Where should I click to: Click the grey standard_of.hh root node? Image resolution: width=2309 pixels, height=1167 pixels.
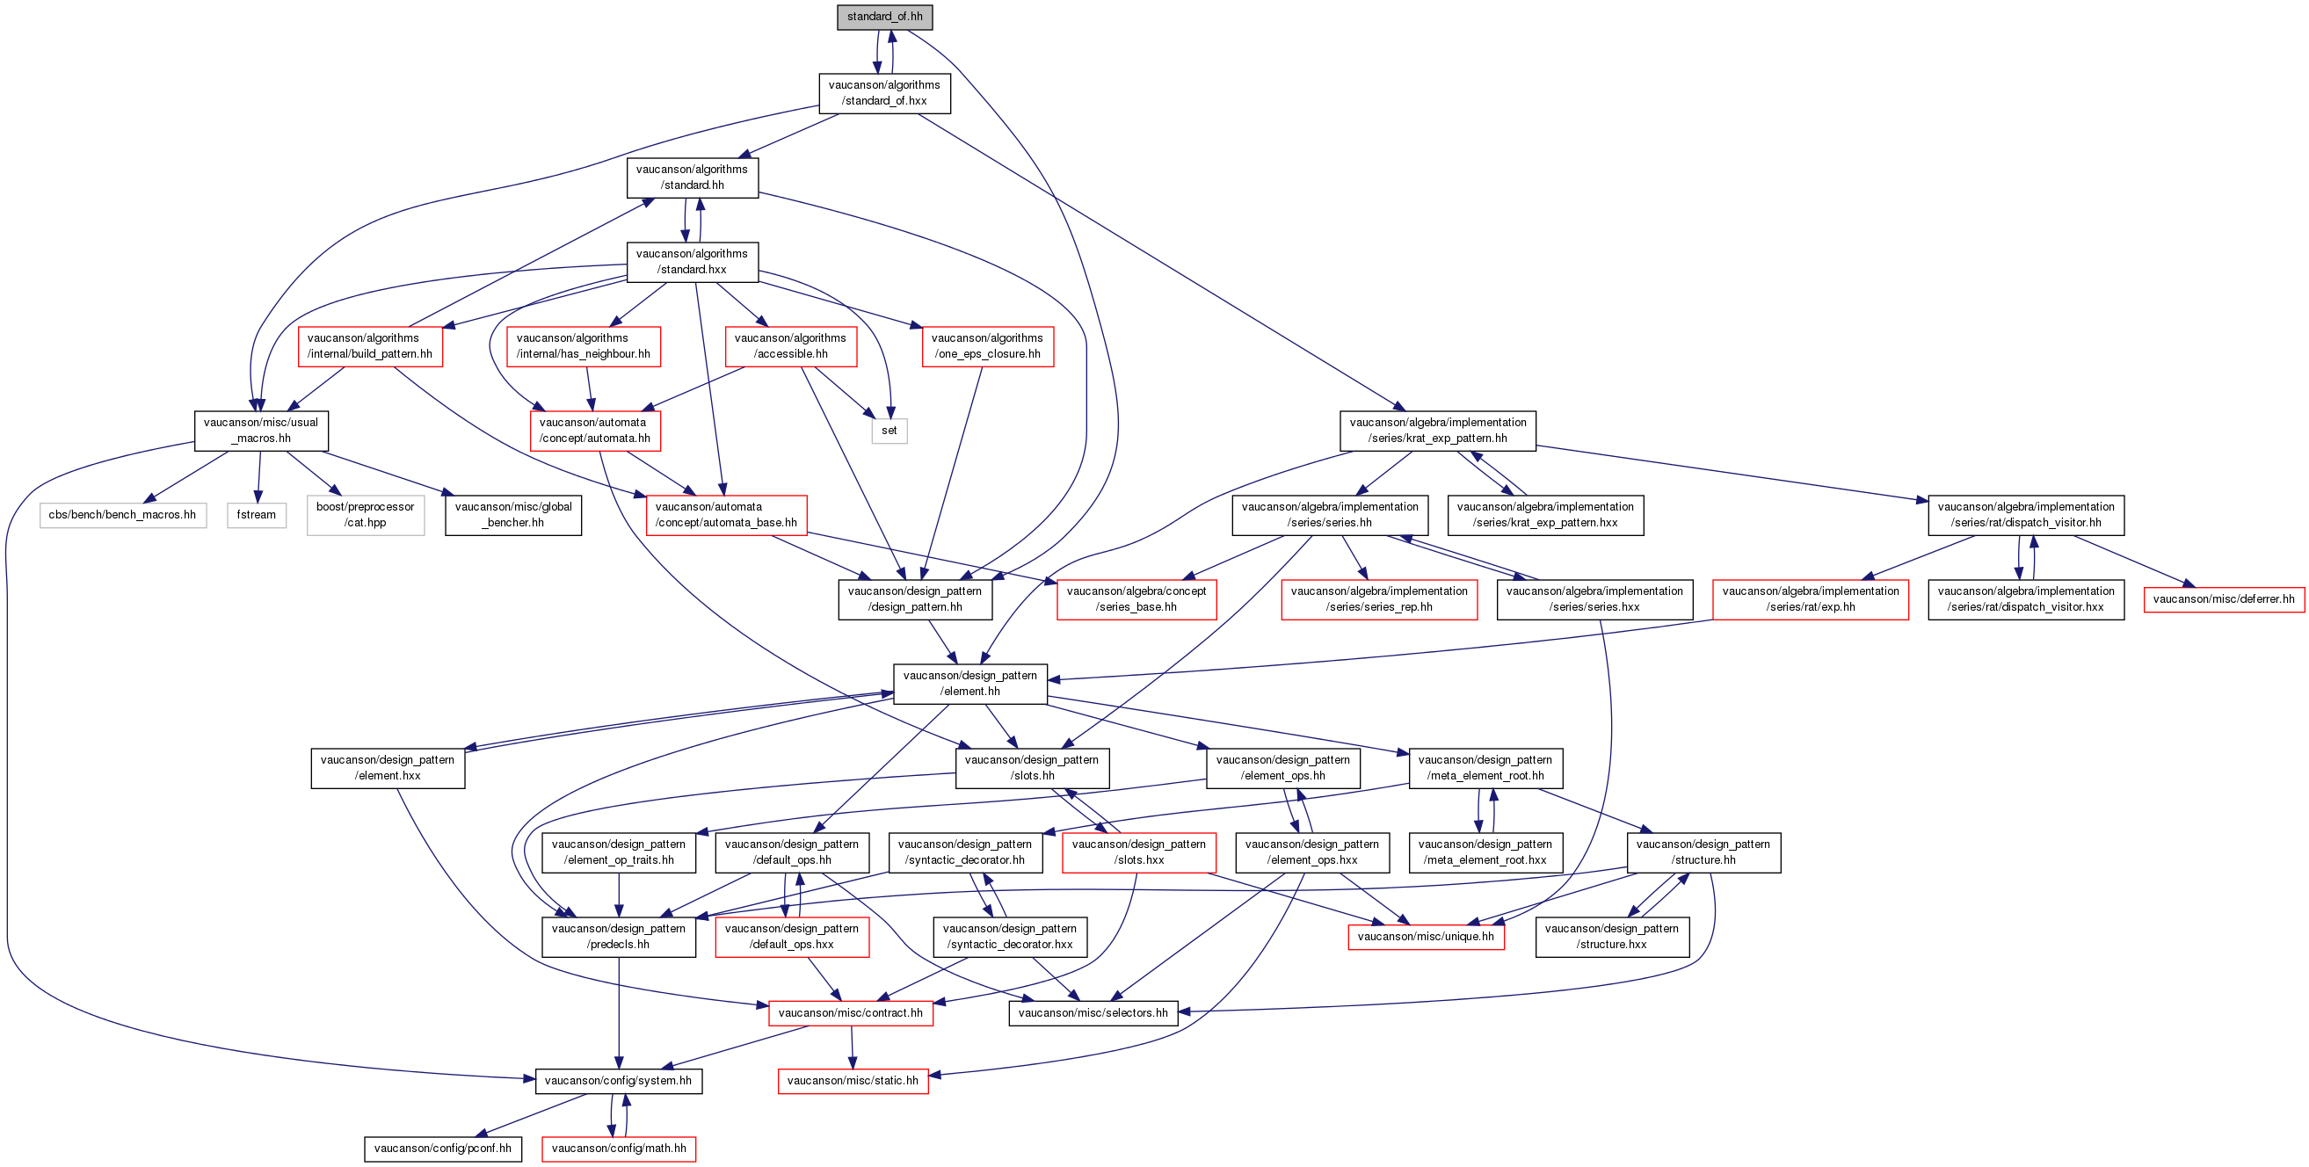(884, 17)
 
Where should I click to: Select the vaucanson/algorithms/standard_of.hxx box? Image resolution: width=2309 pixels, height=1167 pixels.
(884, 93)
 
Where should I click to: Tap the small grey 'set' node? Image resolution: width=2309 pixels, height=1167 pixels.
(889, 431)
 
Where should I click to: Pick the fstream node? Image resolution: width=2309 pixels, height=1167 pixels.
(257, 515)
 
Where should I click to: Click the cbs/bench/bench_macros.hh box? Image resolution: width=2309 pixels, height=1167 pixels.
(123, 515)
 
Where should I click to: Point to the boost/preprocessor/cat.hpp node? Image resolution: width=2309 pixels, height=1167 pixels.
(365, 514)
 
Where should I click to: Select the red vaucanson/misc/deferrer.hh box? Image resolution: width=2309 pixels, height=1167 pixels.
(2223, 599)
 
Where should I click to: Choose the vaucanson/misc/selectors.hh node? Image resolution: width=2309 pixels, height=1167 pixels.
(1093, 1014)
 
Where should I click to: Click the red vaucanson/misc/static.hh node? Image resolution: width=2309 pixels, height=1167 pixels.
(853, 1081)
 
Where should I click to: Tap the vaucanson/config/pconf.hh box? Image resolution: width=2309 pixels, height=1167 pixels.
(443, 1149)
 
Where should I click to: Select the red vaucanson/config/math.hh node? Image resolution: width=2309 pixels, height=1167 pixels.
(619, 1149)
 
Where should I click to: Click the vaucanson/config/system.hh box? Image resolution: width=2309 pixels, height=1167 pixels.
(619, 1081)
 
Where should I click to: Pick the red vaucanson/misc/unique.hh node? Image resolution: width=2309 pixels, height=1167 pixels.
(1425, 937)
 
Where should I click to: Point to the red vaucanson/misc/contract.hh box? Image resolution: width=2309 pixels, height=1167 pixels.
(850, 1014)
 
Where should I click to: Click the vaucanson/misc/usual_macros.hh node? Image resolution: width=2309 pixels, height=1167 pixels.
(261, 431)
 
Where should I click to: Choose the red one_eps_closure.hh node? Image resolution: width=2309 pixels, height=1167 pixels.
(987, 347)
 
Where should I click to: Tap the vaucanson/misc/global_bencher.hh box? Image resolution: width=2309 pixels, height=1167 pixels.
(512, 515)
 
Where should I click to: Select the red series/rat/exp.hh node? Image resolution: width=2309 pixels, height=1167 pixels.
(1810, 599)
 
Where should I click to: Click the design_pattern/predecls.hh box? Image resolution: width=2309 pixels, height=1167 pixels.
(619, 937)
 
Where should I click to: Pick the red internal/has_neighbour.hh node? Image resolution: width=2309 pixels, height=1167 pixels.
(584, 347)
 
